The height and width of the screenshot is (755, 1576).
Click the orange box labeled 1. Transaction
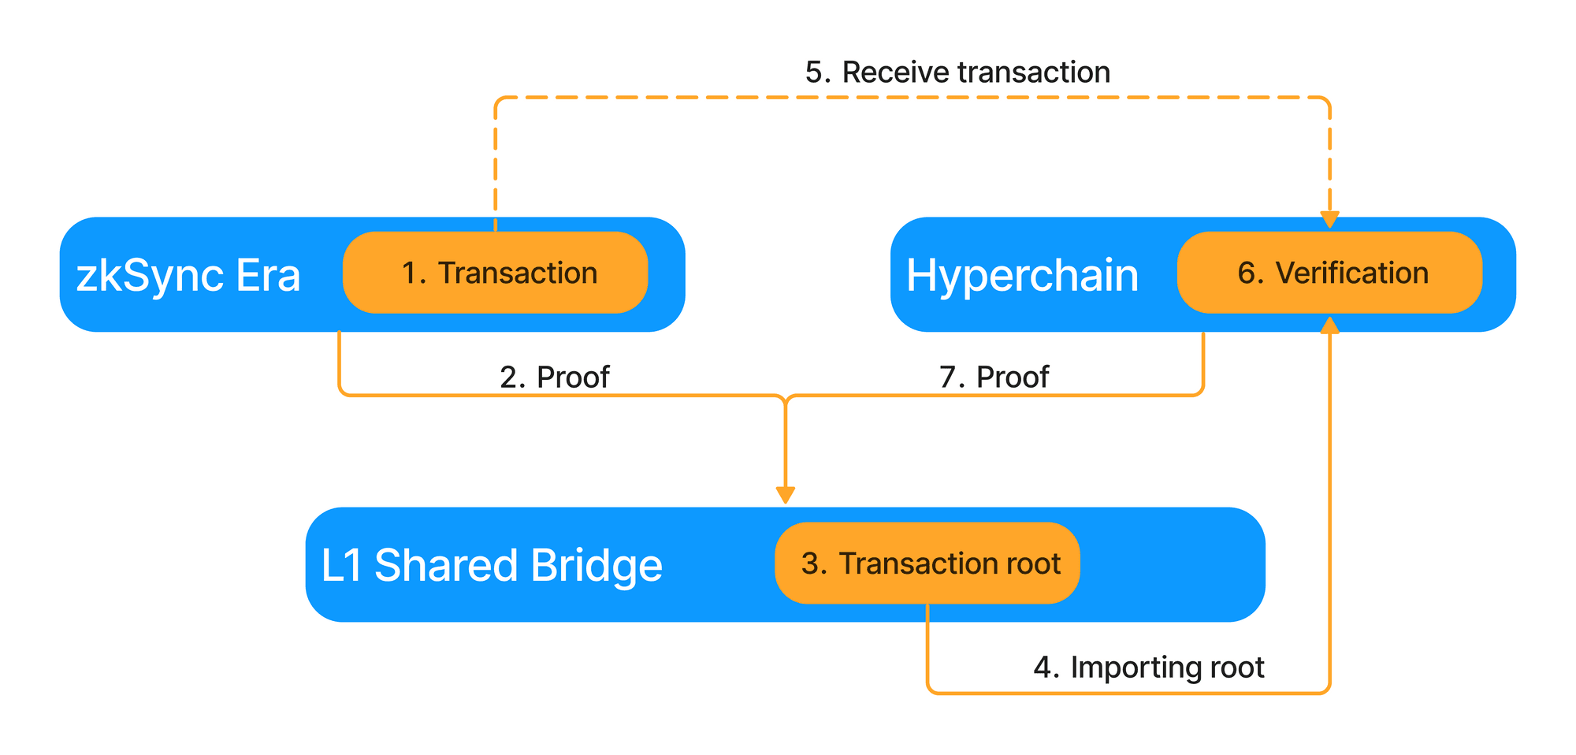click(495, 273)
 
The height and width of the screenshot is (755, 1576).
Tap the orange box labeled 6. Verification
click(1329, 273)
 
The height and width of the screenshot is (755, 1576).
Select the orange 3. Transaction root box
click(927, 563)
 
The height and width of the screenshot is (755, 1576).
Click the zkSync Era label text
click(188, 276)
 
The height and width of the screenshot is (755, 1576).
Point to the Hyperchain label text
click(1022, 276)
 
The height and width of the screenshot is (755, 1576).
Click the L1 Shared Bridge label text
click(491, 565)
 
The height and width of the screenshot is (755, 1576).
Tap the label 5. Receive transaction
click(957, 73)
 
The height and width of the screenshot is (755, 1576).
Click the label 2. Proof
click(554, 377)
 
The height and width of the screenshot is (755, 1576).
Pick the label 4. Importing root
click(1148, 668)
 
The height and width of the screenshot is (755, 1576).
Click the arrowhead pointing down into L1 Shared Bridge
click(785, 495)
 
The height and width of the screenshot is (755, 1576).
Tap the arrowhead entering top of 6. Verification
click(1329, 220)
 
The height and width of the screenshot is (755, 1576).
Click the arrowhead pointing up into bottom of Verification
click(1329, 325)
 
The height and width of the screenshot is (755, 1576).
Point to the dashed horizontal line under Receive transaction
click(906, 98)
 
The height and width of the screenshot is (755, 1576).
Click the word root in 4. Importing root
click(1236, 668)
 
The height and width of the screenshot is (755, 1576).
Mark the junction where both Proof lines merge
click(785, 396)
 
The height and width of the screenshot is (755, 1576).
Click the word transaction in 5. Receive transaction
click(1034, 73)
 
